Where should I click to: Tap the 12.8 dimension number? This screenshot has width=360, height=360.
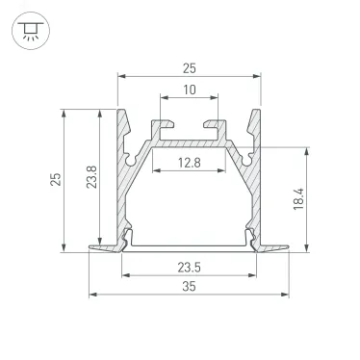coord(189,162)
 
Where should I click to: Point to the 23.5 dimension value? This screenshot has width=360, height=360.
coord(189,265)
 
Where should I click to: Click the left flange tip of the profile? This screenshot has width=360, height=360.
coord(90,247)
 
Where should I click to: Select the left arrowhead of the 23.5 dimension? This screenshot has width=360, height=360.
coord(125,273)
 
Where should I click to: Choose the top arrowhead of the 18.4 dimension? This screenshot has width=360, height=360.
coord(308,149)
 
